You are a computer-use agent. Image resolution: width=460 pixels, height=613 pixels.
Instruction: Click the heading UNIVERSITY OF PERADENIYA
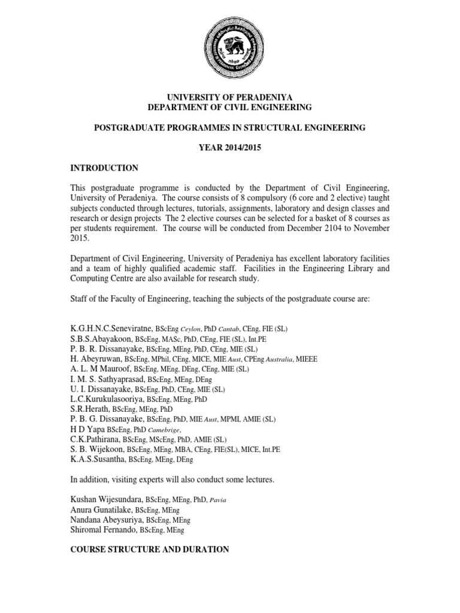(230, 97)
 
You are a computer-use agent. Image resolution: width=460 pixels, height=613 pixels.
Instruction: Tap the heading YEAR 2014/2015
(230, 148)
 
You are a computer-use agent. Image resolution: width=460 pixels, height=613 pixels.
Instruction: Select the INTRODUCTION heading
(104, 168)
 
